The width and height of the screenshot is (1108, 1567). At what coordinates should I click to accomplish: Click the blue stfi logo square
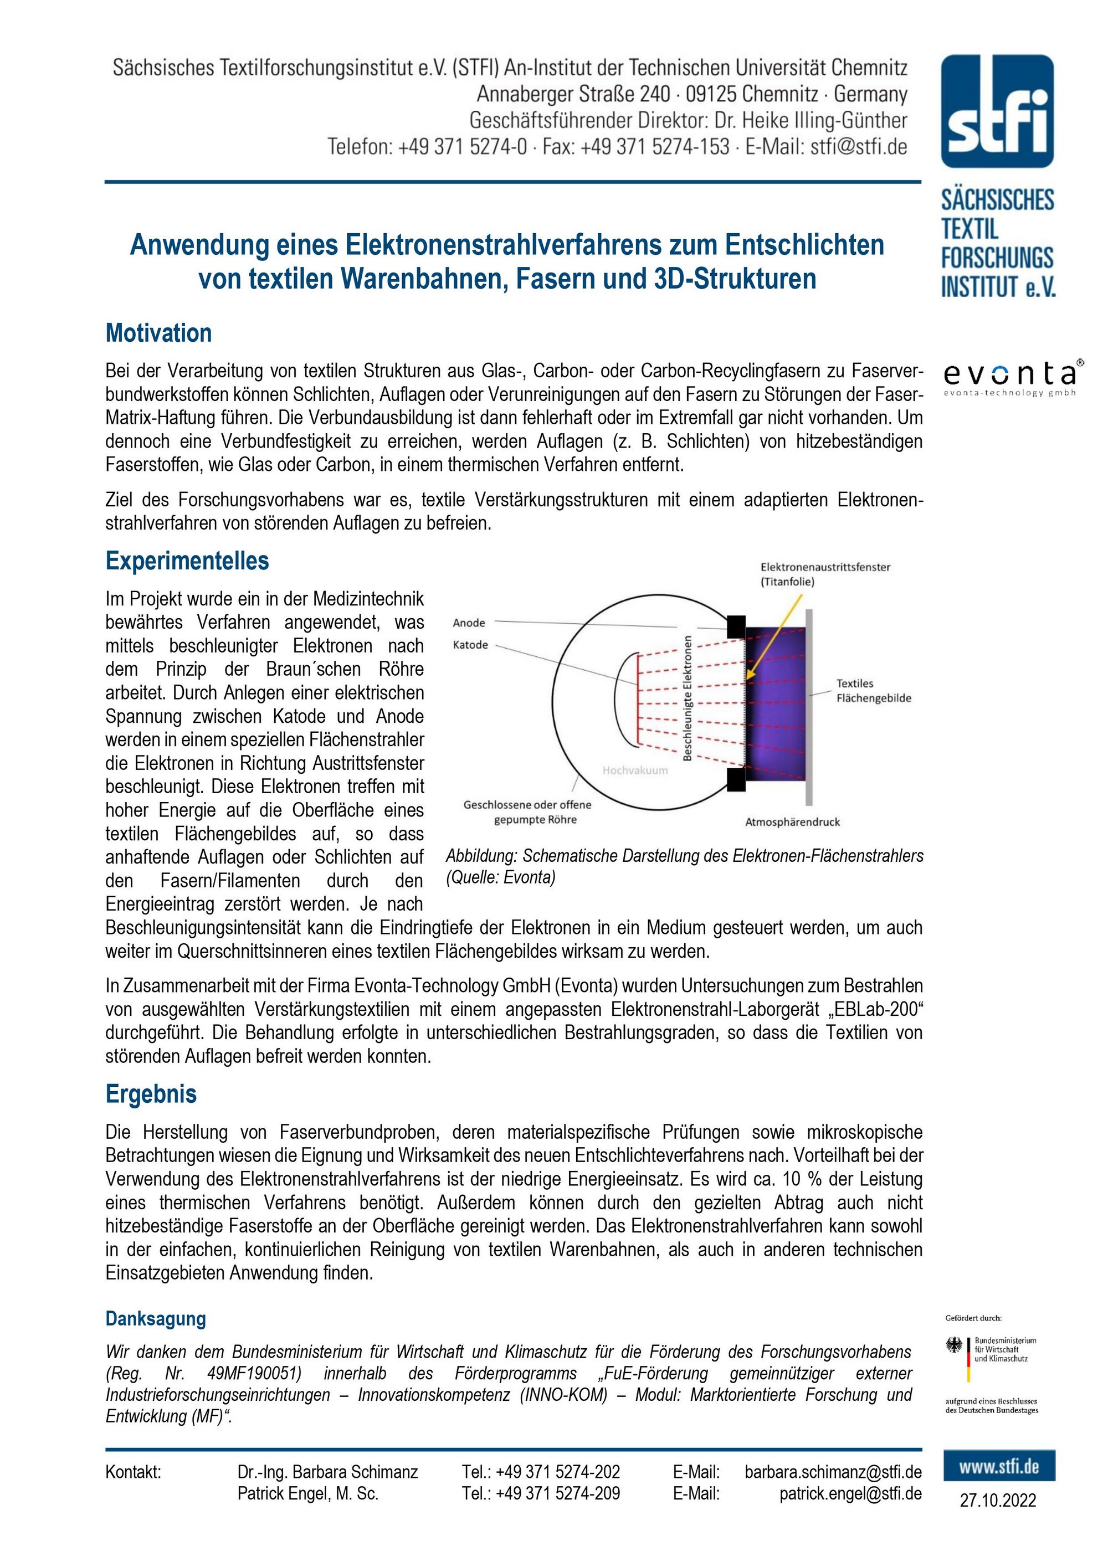pyautogui.click(x=997, y=111)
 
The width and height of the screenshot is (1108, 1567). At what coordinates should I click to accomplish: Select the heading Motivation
pyautogui.click(x=158, y=333)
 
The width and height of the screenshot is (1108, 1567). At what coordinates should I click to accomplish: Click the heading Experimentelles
pyautogui.click(x=187, y=561)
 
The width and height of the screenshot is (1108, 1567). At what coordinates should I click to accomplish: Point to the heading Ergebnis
pyautogui.click(x=151, y=1093)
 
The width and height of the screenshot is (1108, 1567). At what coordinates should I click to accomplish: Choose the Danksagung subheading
pyautogui.click(x=156, y=1318)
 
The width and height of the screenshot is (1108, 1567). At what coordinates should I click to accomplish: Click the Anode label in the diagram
pyautogui.click(x=469, y=623)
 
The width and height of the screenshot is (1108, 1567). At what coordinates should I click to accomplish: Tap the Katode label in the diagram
pyautogui.click(x=470, y=644)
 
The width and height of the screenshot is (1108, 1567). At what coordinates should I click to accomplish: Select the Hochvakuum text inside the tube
pyautogui.click(x=635, y=770)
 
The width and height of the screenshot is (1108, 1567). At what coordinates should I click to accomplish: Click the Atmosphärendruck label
pyautogui.click(x=792, y=822)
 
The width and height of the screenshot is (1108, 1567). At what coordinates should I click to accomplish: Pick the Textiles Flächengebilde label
pyautogui.click(x=874, y=690)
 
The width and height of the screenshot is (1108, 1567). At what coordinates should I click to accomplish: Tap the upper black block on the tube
pyautogui.click(x=736, y=626)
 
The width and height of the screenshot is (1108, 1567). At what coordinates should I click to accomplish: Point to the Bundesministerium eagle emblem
pyautogui.click(x=954, y=1346)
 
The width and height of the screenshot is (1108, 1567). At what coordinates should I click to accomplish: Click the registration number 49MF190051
pyautogui.click(x=254, y=1373)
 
